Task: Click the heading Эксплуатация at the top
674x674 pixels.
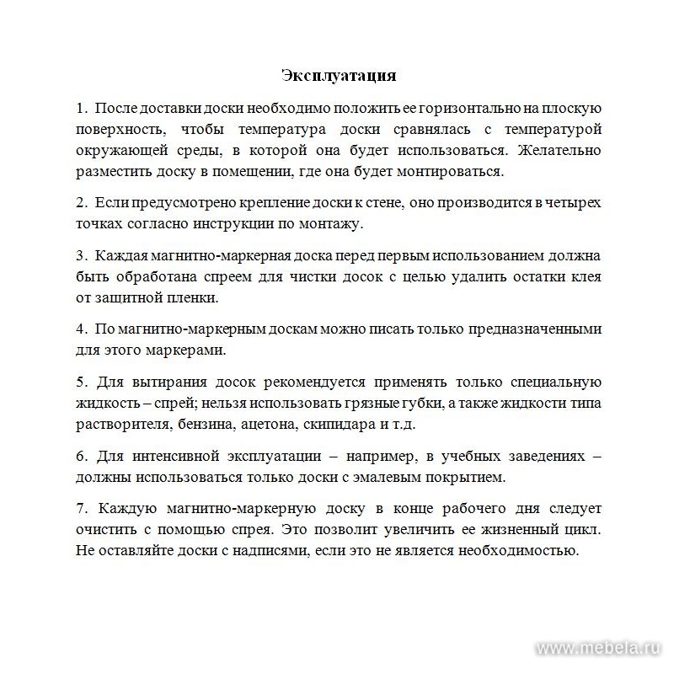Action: tap(339, 76)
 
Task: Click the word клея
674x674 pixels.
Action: tap(583, 276)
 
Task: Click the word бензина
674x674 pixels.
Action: tap(208, 423)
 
